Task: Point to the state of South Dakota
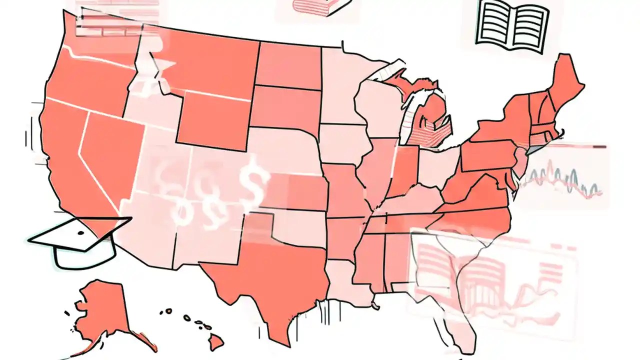tap(285, 107)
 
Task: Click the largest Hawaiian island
tap(216, 342)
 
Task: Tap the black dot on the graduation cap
tap(80, 233)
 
